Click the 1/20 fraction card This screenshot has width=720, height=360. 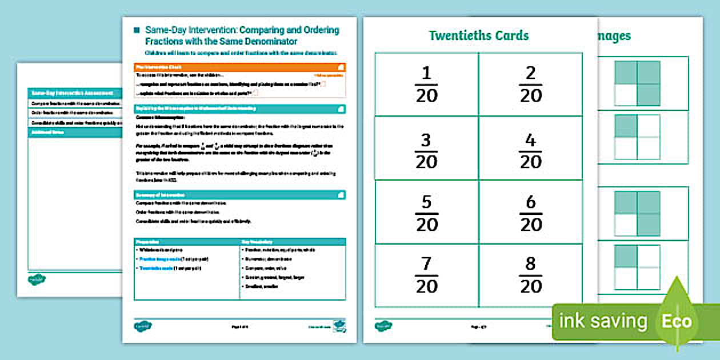point(426,84)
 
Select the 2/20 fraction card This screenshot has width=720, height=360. point(530,84)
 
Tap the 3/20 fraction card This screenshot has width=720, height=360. point(426,150)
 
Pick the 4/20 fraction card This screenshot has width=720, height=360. point(530,150)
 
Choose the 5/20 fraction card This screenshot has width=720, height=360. point(426,213)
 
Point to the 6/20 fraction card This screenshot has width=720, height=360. point(530,213)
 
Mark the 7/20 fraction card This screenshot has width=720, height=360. point(426,275)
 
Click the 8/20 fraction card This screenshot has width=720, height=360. point(530,275)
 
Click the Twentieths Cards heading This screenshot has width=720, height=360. point(479,35)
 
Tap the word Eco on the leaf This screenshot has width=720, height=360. point(677,321)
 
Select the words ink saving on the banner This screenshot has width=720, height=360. point(603,321)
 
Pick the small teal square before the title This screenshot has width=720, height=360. point(136,30)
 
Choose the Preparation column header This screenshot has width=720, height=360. point(187,242)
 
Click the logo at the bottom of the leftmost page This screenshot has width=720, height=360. point(37,279)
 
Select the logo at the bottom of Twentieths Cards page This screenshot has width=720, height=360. point(383,326)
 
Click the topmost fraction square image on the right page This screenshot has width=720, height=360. point(637,83)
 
